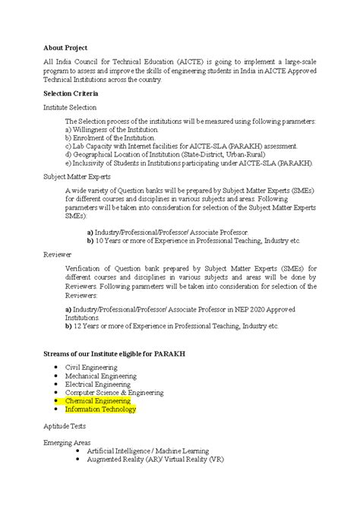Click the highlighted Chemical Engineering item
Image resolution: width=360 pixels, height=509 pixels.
(98, 400)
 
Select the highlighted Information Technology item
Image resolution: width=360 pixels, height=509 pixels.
(100, 409)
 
